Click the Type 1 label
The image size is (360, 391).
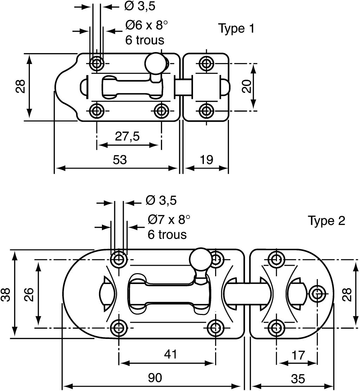[x=237, y=29]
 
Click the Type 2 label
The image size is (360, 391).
[x=327, y=221]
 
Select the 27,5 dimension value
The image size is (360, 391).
[x=127, y=136]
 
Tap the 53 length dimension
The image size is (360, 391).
[x=120, y=159]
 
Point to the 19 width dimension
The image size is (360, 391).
[x=206, y=159]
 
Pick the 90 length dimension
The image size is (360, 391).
[x=155, y=378]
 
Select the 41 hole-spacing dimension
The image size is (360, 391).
[x=171, y=354]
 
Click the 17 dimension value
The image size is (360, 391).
[x=298, y=355]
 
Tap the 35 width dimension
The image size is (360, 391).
[x=298, y=379]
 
